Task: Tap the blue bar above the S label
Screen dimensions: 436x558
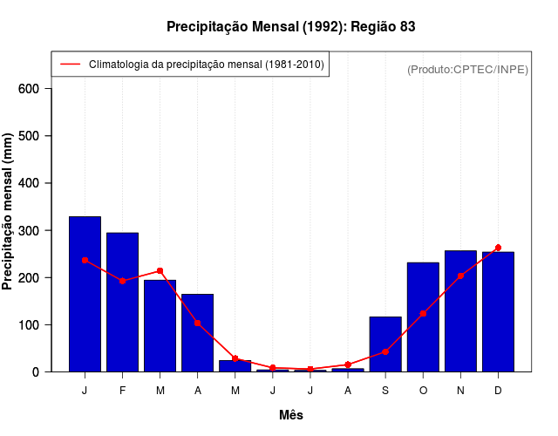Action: (385, 344)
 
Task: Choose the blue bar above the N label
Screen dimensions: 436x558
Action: (460, 310)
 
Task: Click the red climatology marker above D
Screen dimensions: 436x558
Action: (498, 248)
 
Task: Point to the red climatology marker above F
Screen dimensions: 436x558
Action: (123, 281)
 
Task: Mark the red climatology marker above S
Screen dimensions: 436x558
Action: (385, 351)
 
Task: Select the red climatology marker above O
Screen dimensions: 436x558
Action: (423, 313)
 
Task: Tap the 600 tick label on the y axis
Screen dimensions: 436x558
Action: (30, 89)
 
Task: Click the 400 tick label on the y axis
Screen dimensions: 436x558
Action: (30, 183)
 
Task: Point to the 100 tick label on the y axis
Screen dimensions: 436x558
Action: (30, 325)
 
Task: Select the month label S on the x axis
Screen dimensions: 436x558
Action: (385, 391)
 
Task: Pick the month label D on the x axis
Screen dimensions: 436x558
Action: (498, 391)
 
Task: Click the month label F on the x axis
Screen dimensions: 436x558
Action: (123, 391)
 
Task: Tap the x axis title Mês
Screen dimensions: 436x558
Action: (291, 416)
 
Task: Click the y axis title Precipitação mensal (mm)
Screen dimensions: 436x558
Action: (9, 212)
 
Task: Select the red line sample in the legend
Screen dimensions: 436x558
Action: (70, 65)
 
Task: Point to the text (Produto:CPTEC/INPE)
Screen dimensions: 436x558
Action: (467, 70)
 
